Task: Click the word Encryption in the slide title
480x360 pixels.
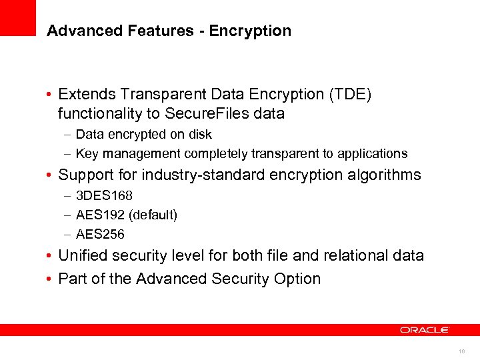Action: (250, 31)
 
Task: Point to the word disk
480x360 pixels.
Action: (199, 134)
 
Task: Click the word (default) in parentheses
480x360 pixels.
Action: (154, 215)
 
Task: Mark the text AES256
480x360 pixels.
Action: (100, 234)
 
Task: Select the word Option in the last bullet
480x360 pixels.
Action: (297, 278)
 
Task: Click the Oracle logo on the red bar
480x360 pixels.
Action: (425, 330)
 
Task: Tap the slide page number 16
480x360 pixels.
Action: (462, 351)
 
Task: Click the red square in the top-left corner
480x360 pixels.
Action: (18, 18)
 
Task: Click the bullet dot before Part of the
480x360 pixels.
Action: (50, 279)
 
